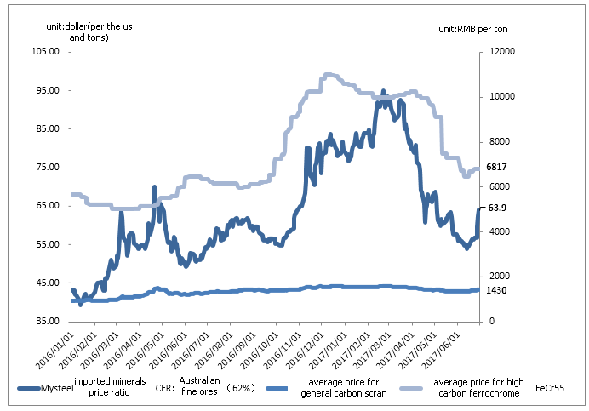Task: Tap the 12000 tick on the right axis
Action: point(500,51)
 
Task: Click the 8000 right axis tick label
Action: point(498,141)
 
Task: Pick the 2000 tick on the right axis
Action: point(498,277)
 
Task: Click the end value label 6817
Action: point(496,167)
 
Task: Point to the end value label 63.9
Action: point(496,208)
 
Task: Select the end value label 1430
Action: point(496,290)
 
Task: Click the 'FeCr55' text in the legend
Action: point(550,388)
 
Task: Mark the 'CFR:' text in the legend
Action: point(165,388)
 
